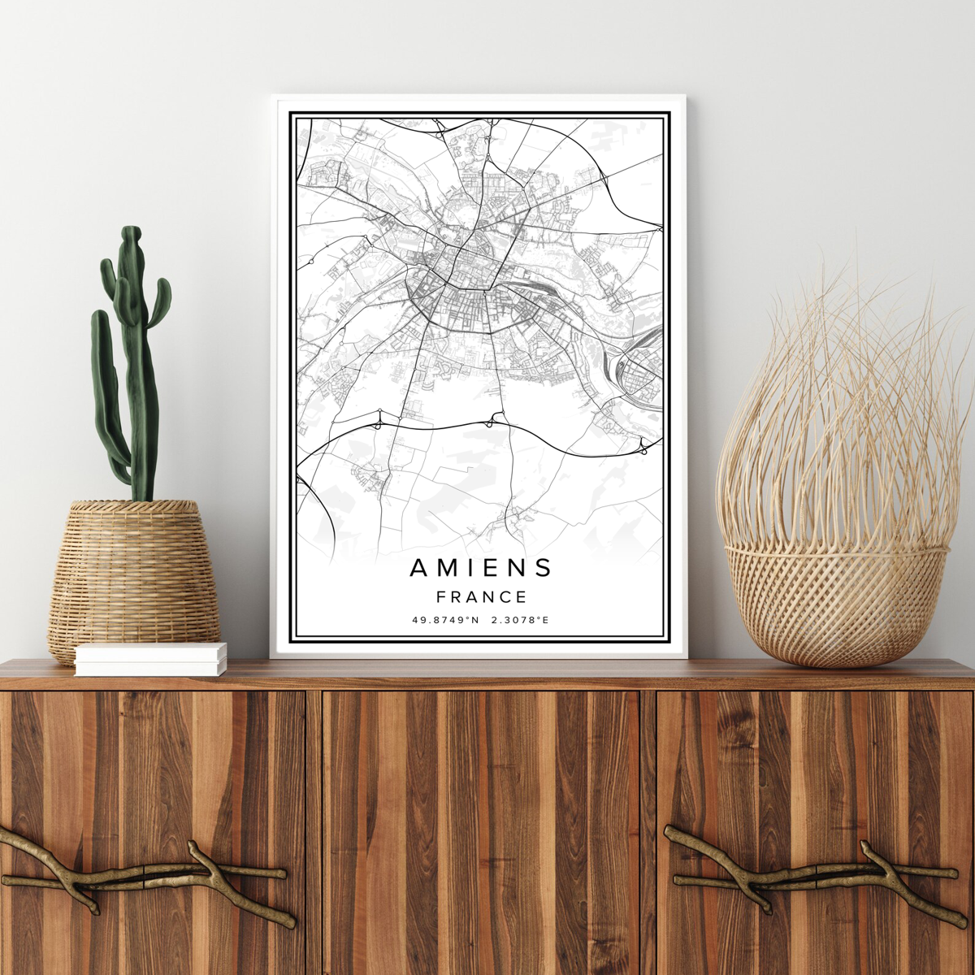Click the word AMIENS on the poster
point(481,567)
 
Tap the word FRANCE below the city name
point(481,597)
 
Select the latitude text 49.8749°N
point(445,621)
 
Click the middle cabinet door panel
point(481,829)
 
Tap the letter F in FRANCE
point(441,597)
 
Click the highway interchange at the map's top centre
point(440,126)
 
